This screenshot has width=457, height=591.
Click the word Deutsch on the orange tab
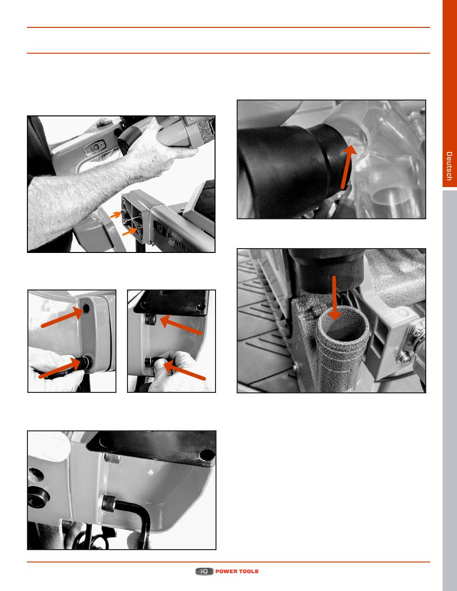point(449,166)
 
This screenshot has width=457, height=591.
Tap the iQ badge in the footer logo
point(204,571)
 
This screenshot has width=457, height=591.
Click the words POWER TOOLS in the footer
point(237,571)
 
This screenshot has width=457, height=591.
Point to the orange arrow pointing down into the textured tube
point(334,298)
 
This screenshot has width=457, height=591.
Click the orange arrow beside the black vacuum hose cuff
point(349,166)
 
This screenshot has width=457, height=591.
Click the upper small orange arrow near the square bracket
point(115,214)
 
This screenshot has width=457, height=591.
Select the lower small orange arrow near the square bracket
point(129,232)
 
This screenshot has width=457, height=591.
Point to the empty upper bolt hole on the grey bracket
point(87,308)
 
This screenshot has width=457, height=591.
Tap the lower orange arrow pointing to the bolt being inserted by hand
point(61,368)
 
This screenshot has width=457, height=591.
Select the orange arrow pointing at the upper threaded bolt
point(181,325)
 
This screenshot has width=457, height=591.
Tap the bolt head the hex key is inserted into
point(109,502)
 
